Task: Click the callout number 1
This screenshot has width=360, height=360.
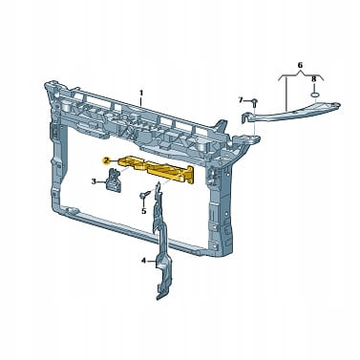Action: tap(141, 93)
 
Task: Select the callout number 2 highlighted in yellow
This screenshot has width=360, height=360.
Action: tap(105, 161)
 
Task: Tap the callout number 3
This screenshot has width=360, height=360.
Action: tap(94, 181)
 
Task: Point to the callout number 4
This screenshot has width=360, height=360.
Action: tap(143, 261)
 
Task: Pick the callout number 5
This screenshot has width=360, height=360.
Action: tap(143, 211)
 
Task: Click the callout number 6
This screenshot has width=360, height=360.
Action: tap(300, 65)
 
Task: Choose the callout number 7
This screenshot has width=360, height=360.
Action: tap(241, 100)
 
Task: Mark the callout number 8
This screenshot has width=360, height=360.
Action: tap(314, 78)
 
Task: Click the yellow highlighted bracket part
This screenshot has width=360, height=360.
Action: tap(157, 168)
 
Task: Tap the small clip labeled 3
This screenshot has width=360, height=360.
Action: tap(114, 180)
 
